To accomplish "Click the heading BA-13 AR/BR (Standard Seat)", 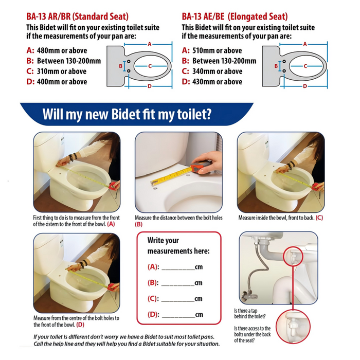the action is pyautogui.click(x=77, y=16).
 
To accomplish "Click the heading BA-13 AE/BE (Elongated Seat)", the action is pyautogui.click(x=235, y=16).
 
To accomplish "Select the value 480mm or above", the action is pyautogui.click(x=62, y=50).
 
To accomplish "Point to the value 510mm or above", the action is pyautogui.click(x=217, y=50).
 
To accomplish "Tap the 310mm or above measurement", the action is pyautogui.click(x=62, y=71).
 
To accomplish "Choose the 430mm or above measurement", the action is pyautogui.click(x=217, y=82).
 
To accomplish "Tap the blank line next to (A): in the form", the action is pyautogui.click(x=178, y=269).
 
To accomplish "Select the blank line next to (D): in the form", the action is pyautogui.click(x=178, y=317).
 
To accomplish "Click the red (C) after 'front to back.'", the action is pyautogui.click(x=319, y=218).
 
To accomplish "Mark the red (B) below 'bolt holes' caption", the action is pyautogui.click(x=139, y=224).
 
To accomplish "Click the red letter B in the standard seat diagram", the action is pyautogui.click(x=120, y=66).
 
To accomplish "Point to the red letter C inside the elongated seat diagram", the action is pyautogui.click(x=305, y=66).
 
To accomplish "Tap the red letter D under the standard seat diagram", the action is pyautogui.click(x=150, y=86).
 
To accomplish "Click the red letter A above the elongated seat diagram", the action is pyautogui.click(x=305, y=44).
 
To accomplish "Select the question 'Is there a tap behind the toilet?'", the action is pyautogui.click(x=250, y=313).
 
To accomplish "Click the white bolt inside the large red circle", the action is pyautogui.click(x=292, y=326).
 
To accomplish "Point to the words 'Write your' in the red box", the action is pyautogui.click(x=163, y=240).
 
